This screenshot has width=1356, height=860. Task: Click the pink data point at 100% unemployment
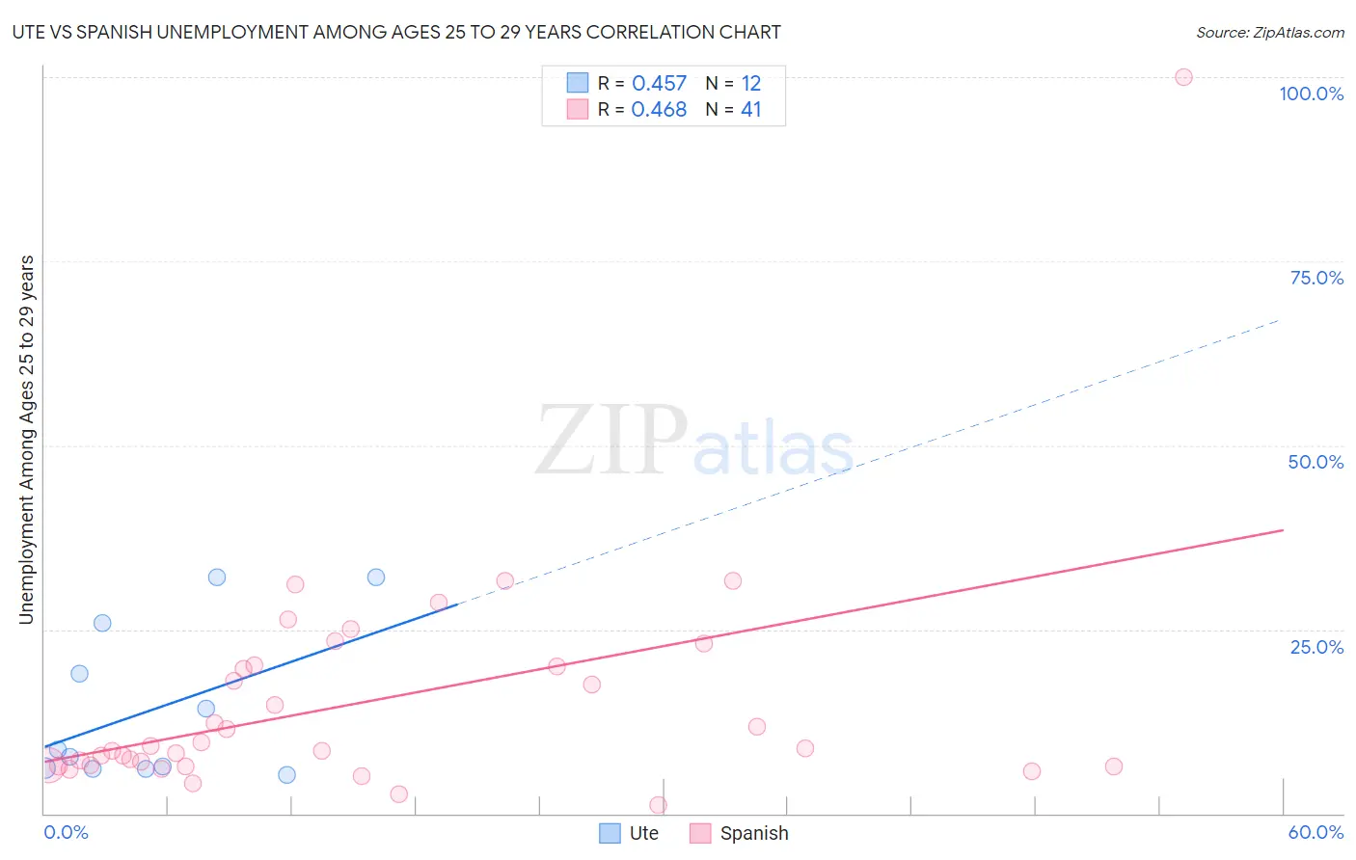1183,77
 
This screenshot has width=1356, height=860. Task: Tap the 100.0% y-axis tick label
1311,94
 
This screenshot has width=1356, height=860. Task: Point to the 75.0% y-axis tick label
1316,278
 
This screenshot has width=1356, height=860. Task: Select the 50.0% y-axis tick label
1315,462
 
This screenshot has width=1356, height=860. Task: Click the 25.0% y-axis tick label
1316,646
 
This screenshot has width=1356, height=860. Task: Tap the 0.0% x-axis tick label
66,832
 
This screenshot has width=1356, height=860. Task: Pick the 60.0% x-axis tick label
1315,832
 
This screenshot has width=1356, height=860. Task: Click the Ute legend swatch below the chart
610,833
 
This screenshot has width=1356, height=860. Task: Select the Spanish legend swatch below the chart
700,833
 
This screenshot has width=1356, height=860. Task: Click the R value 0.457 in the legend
659,84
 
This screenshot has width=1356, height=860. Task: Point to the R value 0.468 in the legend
659,110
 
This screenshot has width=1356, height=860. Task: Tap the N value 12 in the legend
750,84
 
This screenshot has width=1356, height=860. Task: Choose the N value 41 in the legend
750,110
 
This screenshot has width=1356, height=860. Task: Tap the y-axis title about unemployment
26,440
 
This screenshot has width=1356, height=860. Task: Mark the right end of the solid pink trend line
1283,530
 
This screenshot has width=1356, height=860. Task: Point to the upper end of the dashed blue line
1279,319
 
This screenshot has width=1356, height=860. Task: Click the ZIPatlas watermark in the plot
694,442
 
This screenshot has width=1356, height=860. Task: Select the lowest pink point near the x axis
658,805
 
